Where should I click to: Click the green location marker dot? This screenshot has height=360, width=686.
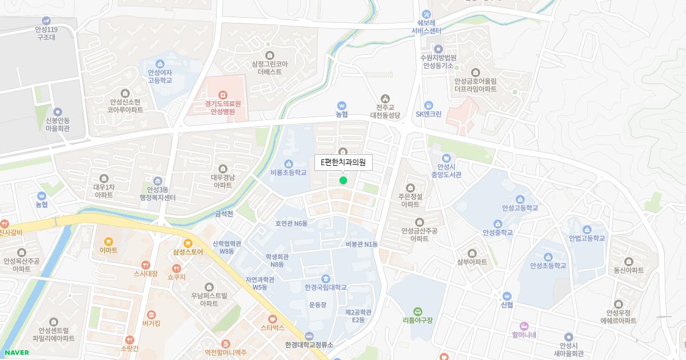(343, 181)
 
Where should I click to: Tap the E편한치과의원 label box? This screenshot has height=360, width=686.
(344, 162)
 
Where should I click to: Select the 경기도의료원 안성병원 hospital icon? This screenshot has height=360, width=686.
(223, 94)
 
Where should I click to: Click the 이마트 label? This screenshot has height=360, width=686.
(108, 250)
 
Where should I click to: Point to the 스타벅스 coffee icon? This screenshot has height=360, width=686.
(273, 318)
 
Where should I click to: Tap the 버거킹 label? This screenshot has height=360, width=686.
(151, 323)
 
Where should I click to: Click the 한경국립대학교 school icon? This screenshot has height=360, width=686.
(325, 278)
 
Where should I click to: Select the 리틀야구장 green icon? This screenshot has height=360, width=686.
(418, 311)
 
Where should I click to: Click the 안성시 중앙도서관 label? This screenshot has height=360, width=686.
(446, 170)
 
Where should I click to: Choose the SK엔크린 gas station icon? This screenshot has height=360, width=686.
(428, 105)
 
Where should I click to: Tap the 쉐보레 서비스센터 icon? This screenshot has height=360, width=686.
(426, 14)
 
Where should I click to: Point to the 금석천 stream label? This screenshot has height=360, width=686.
(224, 214)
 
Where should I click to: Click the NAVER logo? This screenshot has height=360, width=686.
(17, 353)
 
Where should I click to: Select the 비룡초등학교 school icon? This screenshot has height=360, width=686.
(289, 163)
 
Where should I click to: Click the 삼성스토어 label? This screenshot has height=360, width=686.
(188, 252)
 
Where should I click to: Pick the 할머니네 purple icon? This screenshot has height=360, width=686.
(524, 335)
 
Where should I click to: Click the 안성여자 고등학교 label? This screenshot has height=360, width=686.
(159, 77)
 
